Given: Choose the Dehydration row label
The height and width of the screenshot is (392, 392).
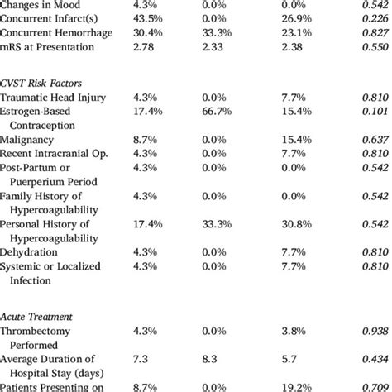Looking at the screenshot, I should (x=29, y=251).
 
